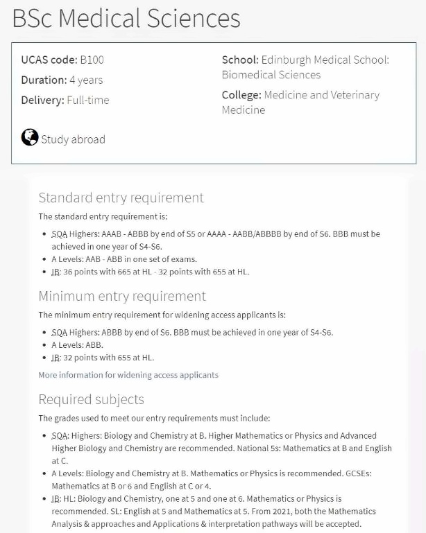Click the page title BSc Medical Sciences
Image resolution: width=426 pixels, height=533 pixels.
(126, 18)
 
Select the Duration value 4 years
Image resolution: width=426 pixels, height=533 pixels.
(86, 80)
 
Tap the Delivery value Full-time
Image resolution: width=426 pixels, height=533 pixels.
(88, 100)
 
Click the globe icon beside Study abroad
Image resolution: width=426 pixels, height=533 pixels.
(30, 137)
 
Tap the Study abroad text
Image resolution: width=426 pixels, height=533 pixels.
(73, 139)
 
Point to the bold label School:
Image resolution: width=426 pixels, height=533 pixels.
(240, 60)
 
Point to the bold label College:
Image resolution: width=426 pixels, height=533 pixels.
(241, 95)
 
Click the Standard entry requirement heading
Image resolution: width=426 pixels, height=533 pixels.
(121, 198)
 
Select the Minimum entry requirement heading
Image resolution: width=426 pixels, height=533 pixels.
(122, 296)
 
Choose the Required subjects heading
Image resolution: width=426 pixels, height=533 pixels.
(91, 399)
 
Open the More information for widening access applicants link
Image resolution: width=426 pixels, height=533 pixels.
(128, 375)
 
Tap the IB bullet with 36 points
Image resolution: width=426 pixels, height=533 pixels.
(150, 272)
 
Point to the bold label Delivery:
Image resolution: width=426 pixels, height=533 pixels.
(42, 100)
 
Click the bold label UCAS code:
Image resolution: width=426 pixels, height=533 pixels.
(44, 60)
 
